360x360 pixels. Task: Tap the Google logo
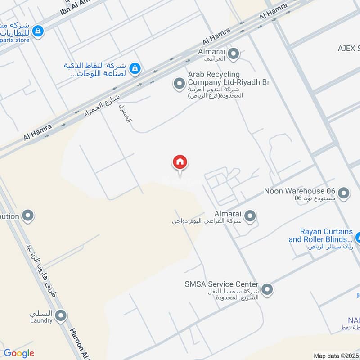[19, 353]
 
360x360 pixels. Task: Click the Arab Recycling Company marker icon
[180, 83]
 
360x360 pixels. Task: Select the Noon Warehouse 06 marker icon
[344, 193]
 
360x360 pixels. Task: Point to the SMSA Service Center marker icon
[267, 289]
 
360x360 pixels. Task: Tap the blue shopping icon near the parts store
[39, 31]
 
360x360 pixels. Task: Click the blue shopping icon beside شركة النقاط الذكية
[134, 68]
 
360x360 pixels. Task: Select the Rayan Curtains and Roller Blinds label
[320, 235]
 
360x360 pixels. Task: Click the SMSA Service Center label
[221, 284]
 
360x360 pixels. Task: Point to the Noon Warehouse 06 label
[300, 191]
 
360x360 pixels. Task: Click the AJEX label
[349, 48]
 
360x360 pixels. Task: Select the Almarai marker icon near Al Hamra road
[233, 55]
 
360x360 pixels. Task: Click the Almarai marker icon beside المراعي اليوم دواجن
[250, 216]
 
